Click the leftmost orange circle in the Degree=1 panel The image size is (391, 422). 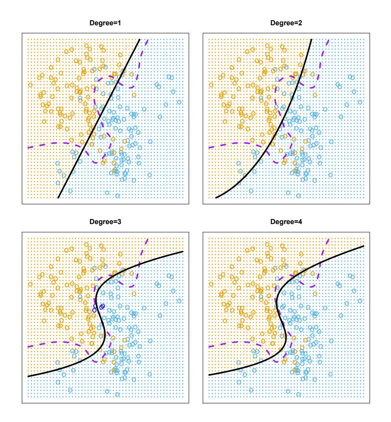click(30, 85)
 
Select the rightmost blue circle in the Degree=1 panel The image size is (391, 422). click(180, 102)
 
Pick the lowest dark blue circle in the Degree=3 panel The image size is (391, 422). click(95, 310)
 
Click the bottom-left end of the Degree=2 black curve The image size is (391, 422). click(215, 197)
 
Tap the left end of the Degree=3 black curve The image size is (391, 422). click(28, 376)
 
